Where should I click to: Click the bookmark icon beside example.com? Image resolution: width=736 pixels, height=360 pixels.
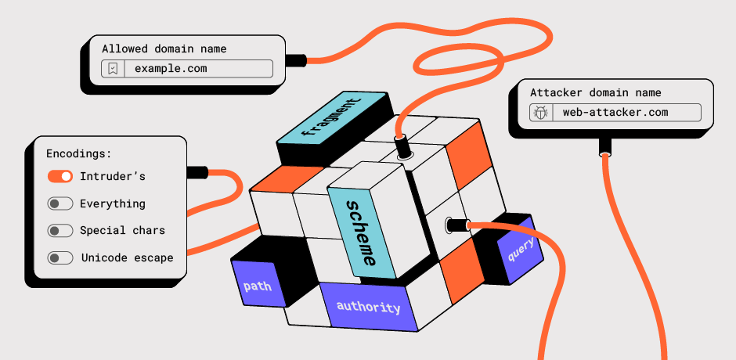click(x=114, y=69)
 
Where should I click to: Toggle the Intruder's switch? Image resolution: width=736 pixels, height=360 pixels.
click(x=60, y=177)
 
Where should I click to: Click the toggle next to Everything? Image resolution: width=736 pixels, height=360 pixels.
click(x=60, y=203)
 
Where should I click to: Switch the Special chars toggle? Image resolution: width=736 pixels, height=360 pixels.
click(x=60, y=230)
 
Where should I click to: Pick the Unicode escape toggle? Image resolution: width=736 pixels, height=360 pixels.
click(x=60, y=257)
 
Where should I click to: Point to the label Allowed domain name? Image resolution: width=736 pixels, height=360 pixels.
click(x=164, y=49)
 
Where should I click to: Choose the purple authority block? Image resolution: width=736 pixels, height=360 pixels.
click(x=368, y=307)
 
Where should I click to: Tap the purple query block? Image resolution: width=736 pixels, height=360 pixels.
click(x=520, y=249)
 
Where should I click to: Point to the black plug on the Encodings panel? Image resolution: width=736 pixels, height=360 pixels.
click(x=197, y=172)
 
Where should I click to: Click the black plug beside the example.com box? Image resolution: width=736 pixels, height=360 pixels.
click(x=296, y=60)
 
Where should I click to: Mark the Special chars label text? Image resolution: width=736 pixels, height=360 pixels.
click(x=122, y=230)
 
